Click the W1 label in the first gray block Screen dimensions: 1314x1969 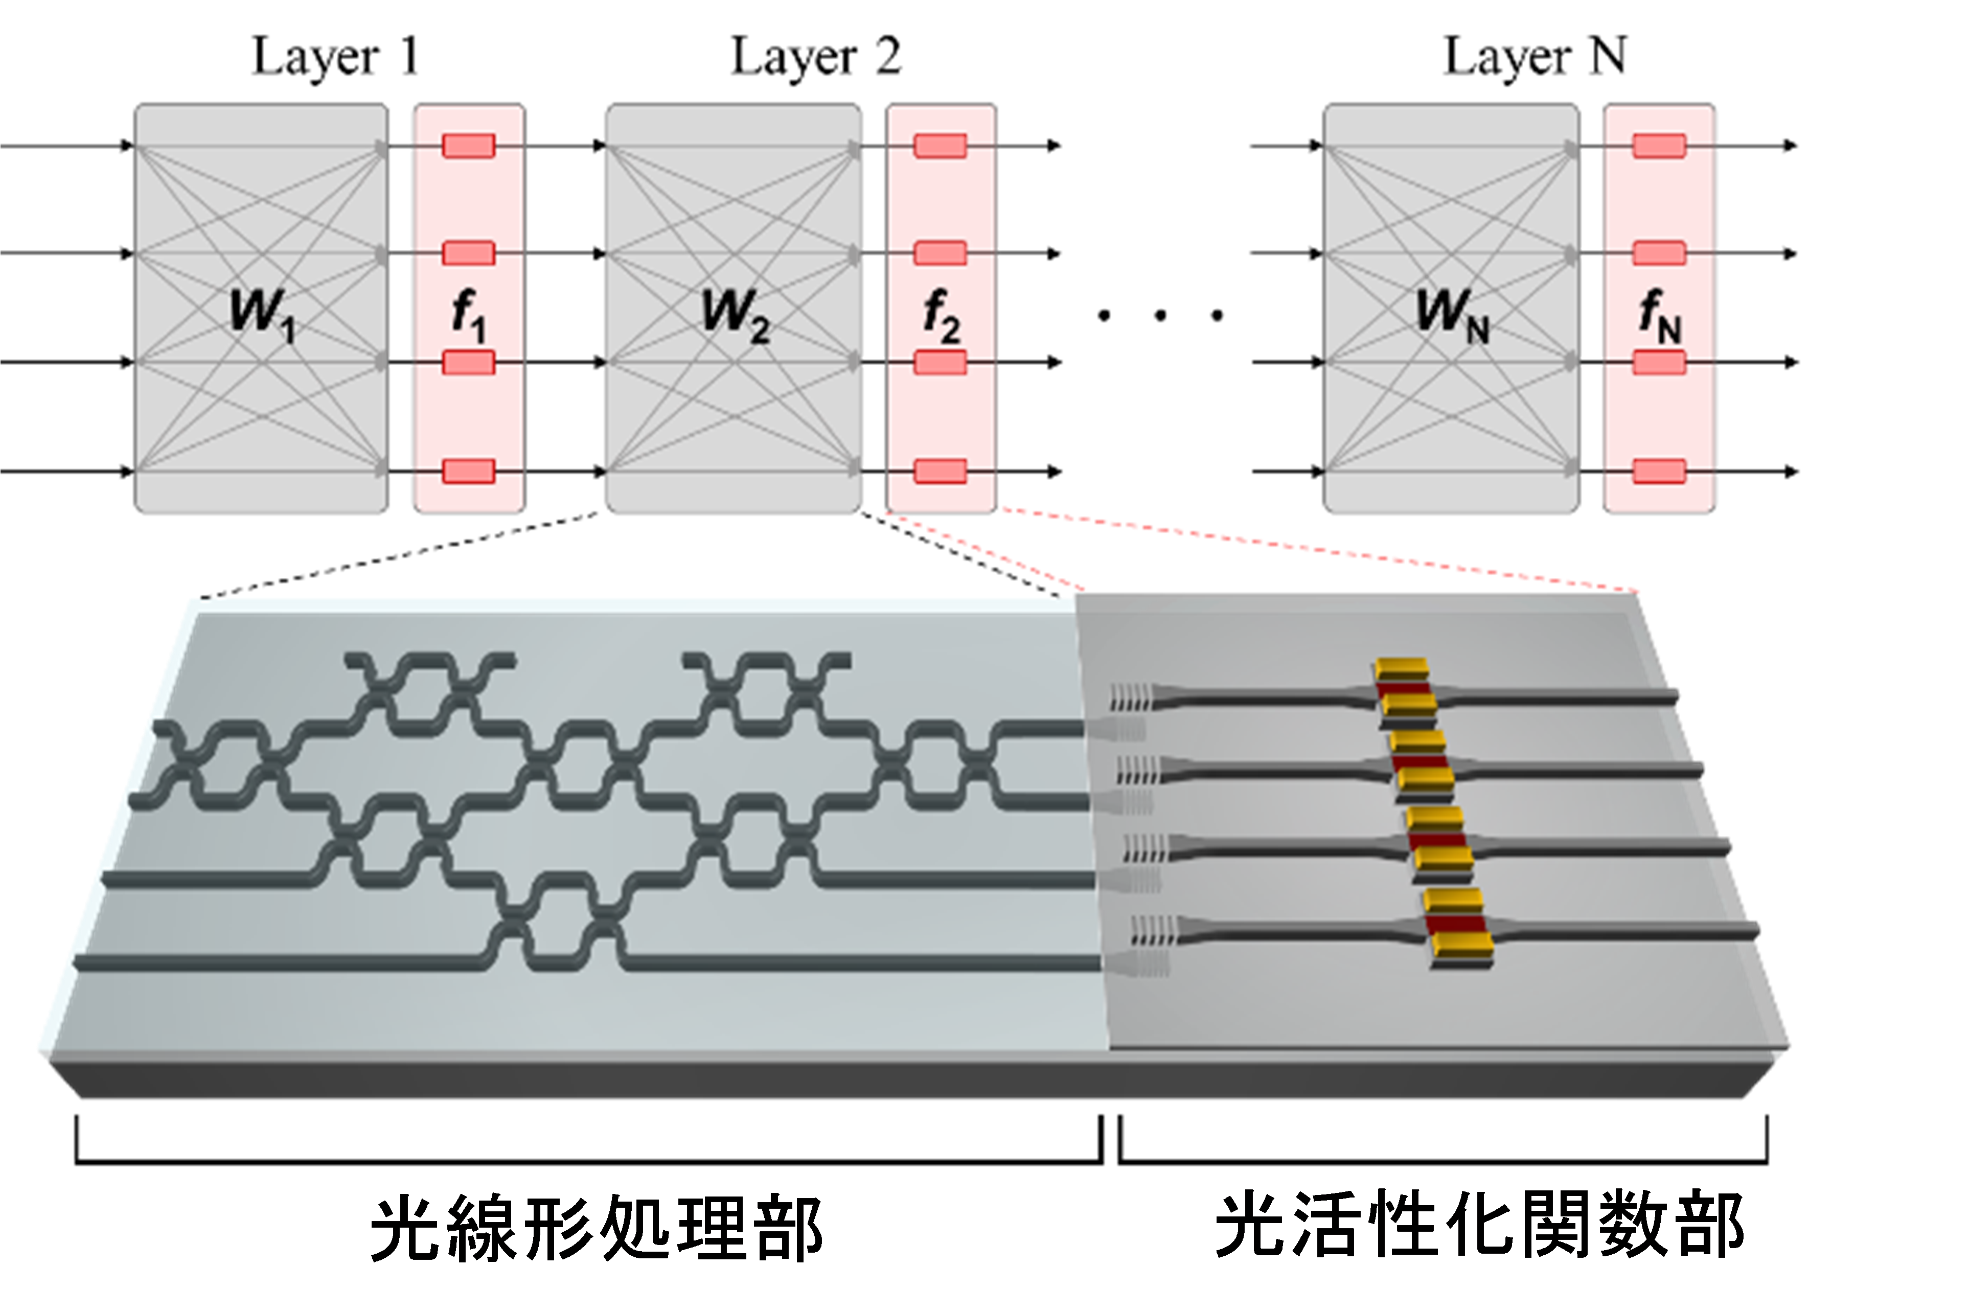[x=262, y=314]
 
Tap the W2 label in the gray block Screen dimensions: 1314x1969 [x=735, y=314]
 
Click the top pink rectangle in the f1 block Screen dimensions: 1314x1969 [x=469, y=146]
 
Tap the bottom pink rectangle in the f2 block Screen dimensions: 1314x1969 [x=941, y=471]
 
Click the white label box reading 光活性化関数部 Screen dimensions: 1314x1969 [x=1479, y=1225]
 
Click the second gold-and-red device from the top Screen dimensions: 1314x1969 [x=1422, y=763]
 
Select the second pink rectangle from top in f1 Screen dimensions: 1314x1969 [x=469, y=253]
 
